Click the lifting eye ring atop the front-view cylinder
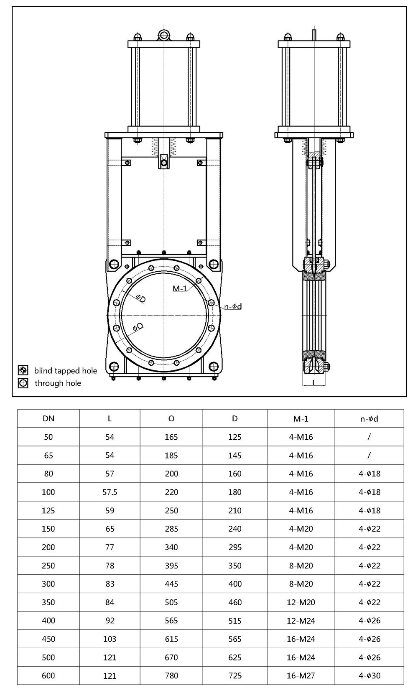pyautogui.click(x=164, y=34)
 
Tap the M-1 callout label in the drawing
pyautogui.click(x=180, y=288)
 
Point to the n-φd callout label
pyautogui.click(x=233, y=306)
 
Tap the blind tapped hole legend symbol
pyautogui.click(x=23, y=370)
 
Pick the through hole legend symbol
pyautogui.click(x=23, y=383)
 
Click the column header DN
pyautogui.click(x=48, y=418)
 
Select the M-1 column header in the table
pyautogui.click(x=301, y=418)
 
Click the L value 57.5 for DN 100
pyautogui.click(x=110, y=492)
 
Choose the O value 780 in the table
pyautogui.click(x=171, y=675)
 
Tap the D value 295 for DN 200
pyautogui.click(x=235, y=547)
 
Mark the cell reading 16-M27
pyautogui.click(x=301, y=675)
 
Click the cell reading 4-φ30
pyautogui.click(x=370, y=675)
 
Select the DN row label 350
pyautogui.click(x=48, y=602)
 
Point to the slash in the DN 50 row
pyautogui.click(x=370, y=437)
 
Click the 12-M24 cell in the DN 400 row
pyautogui.click(x=301, y=621)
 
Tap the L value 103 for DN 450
pyautogui.click(x=110, y=639)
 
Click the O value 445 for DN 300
pyautogui.click(x=171, y=584)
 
